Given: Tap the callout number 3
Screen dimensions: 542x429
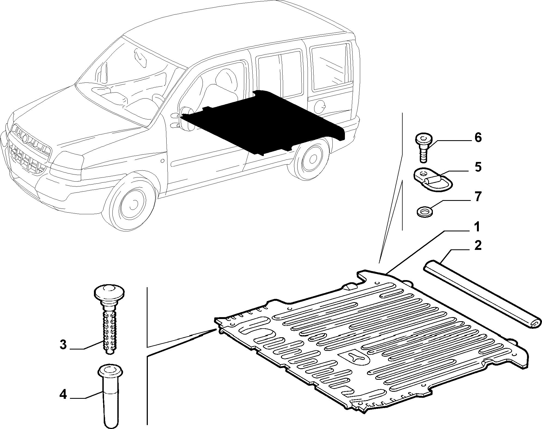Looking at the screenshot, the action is (x=63, y=345).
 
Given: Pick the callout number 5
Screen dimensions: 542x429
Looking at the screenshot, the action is (x=478, y=167).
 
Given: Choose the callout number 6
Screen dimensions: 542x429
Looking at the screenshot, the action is (x=478, y=137).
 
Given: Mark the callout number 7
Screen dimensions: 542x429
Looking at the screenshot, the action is (x=478, y=197).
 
